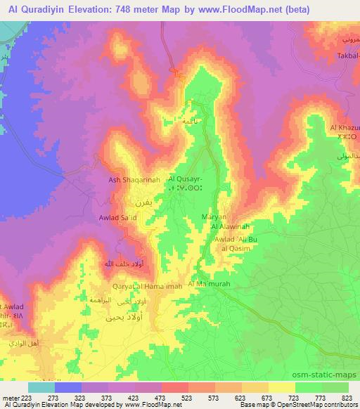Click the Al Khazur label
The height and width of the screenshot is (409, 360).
pos(344,127)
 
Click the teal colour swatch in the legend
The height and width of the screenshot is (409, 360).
pos(41,387)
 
